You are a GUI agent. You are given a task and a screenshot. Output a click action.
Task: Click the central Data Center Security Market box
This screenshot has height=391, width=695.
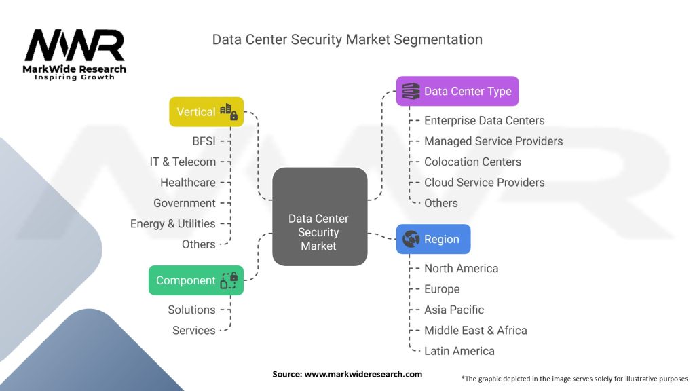pos(319,217)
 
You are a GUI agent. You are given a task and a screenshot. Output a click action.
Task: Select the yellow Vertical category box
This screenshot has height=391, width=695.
pos(206,111)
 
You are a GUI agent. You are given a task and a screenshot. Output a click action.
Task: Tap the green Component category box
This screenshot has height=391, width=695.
pos(195,280)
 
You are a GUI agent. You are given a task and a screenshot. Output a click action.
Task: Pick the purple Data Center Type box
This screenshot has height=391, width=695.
pos(457,91)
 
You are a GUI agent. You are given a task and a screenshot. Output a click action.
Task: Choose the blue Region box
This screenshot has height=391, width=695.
pos(433,239)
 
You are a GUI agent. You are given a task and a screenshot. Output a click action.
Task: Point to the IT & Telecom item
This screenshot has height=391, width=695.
pos(183,162)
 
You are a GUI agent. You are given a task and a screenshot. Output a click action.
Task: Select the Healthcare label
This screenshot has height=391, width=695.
pos(188,182)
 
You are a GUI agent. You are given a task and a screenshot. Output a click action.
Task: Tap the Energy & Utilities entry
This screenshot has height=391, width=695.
pos(172,223)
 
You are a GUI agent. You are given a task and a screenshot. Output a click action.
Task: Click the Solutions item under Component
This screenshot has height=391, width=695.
pos(191,310)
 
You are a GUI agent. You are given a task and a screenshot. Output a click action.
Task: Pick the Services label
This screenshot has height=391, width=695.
pos(193,330)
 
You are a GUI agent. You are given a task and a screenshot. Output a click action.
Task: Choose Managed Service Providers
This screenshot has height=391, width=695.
pos(493,141)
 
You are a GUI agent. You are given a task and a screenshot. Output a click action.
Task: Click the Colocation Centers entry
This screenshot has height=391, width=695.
pos(472,162)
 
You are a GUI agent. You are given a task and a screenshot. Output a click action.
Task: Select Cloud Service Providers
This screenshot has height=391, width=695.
pos(484,182)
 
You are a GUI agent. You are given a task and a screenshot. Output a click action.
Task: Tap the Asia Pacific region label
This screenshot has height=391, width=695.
pos(454,310)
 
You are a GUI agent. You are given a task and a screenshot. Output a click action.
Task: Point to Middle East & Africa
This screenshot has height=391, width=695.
pos(475,330)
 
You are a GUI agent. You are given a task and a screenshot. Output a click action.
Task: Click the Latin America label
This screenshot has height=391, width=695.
pos(459,351)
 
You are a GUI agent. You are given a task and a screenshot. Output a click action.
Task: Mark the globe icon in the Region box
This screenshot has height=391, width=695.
pos(411,239)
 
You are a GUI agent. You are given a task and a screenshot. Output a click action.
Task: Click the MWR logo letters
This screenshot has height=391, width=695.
pos(75,46)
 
